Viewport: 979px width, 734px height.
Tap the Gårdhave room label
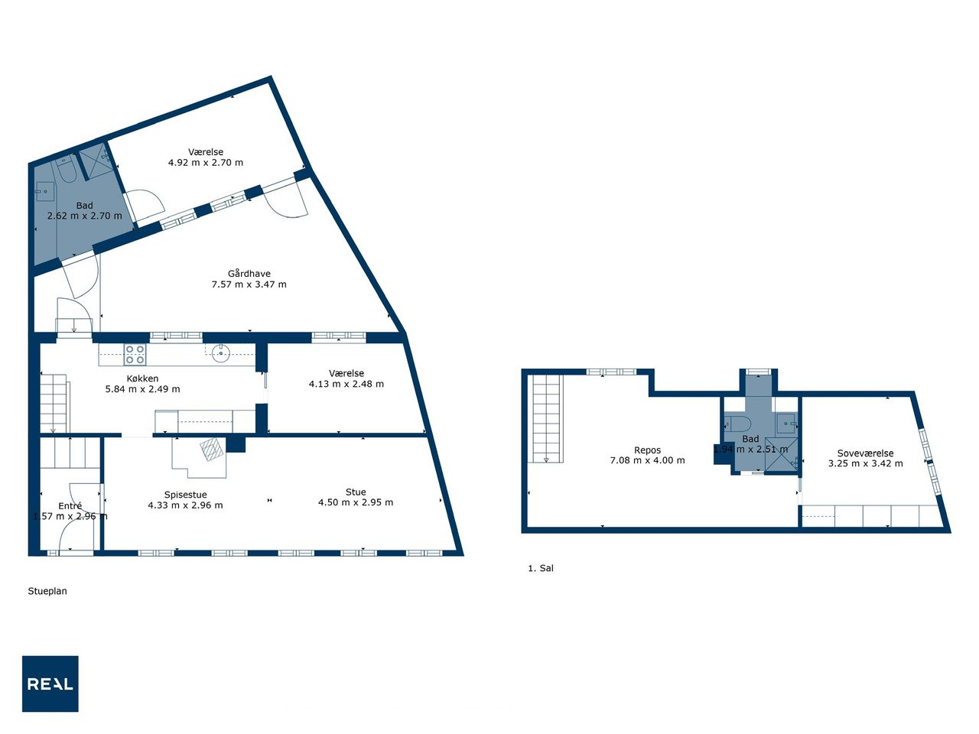tap(249, 274)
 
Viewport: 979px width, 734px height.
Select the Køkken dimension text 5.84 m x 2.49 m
tap(143, 389)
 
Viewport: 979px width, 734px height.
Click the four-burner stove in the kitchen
tap(135, 355)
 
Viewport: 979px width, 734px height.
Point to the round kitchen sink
tap(221, 354)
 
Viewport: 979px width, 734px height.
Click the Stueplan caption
tap(47, 591)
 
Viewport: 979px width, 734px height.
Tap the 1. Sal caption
tap(541, 568)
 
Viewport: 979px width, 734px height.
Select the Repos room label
tap(647, 450)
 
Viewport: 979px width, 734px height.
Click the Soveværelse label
tap(865, 453)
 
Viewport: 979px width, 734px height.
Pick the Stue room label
tap(356, 492)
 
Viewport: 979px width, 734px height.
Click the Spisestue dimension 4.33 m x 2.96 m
tap(186, 505)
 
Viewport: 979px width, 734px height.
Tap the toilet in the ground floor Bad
tap(67, 169)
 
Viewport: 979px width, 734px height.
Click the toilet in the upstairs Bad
tap(731, 423)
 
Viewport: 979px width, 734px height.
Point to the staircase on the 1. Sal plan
tap(546, 419)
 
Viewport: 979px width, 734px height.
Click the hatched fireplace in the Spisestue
tap(212, 450)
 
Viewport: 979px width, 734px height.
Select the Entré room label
tap(70, 506)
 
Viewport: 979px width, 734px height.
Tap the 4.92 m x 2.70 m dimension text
tap(206, 163)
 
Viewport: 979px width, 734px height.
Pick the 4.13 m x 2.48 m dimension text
tap(346, 384)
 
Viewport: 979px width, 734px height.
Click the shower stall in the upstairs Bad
tap(782, 454)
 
